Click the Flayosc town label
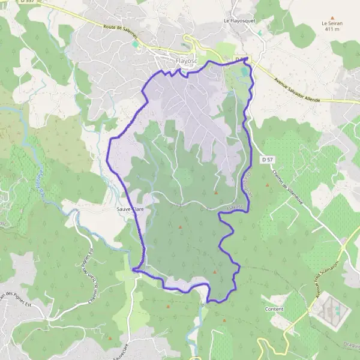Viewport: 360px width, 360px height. [x=188, y=61]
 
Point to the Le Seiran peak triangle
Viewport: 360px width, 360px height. [x=332, y=18]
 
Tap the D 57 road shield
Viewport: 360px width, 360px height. [x=268, y=160]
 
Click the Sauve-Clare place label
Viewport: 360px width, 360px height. [x=130, y=210]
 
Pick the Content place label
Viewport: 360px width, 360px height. [x=274, y=309]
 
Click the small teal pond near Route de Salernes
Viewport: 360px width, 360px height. [x=136, y=44]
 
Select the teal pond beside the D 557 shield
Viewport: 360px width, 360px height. [x=244, y=72]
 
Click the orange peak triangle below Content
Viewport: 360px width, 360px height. [x=224, y=321]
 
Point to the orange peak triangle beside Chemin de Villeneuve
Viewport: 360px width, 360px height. [x=268, y=185]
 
